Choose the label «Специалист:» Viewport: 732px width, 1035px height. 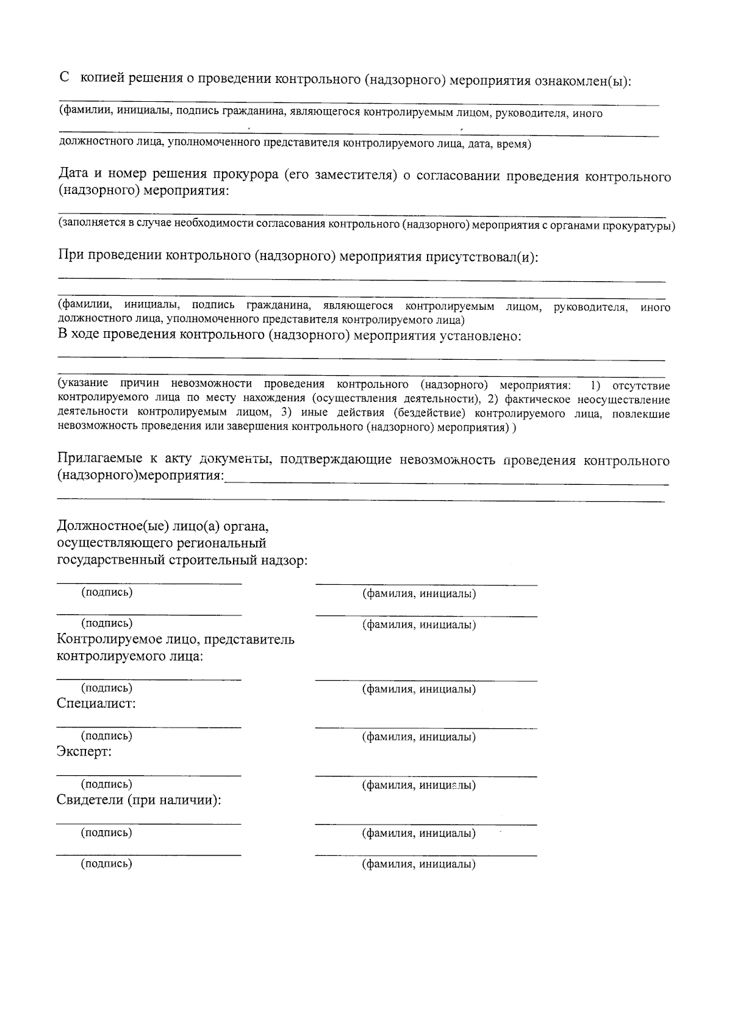pyautogui.click(x=96, y=703)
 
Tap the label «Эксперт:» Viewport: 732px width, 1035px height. pyautogui.click(x=84, y=751)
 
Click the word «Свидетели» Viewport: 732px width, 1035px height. pyautogui.click(x=89, y=800)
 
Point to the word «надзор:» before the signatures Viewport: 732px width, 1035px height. pyautogui.click(x=285, y=560)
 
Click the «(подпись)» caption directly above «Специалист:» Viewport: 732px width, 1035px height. pyautogui.click(x=107, y=688)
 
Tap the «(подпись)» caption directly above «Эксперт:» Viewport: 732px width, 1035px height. pyautogui.click(x=107, y=736)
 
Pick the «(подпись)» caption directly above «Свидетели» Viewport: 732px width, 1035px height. pyautogui.click(x=107, y=784)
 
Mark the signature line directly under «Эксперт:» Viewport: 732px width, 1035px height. pyautogui.click(x=149, y=775)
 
